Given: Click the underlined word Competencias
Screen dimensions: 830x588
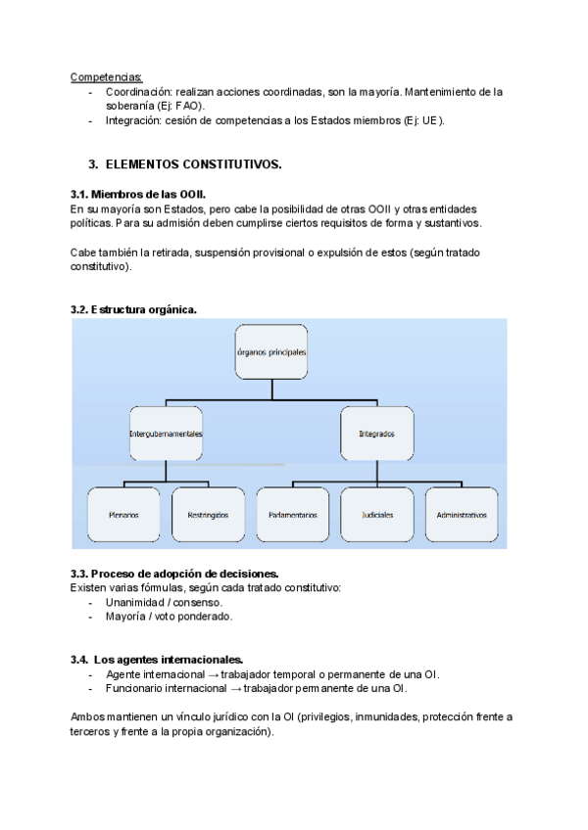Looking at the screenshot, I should (106, 76).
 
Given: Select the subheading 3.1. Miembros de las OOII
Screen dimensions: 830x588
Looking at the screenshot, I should (138, 195).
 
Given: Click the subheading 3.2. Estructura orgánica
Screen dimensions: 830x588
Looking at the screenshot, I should (133, 309).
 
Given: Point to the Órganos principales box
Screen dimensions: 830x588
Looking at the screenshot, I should (271, 351).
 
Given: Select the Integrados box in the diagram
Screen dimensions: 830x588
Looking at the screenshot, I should (377, 433).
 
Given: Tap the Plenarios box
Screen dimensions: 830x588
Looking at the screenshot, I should (122, 514).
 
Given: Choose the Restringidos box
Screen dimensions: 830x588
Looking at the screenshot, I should (207, 514).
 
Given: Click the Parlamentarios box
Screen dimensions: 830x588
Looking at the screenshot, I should (292, 514).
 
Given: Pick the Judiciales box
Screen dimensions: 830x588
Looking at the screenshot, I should (377, 514).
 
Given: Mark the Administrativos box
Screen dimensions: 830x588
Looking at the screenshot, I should (462, 514).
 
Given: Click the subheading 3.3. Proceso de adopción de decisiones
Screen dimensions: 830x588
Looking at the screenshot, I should (174, 573).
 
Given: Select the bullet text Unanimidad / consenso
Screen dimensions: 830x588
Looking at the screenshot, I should (164, 602).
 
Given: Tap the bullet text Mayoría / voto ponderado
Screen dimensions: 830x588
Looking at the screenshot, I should (169, 617).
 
